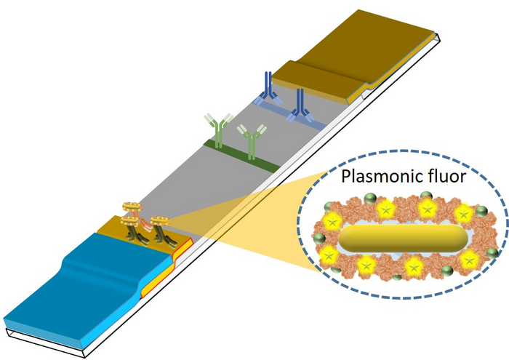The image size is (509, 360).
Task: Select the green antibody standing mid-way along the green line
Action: (x=252, y=142)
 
